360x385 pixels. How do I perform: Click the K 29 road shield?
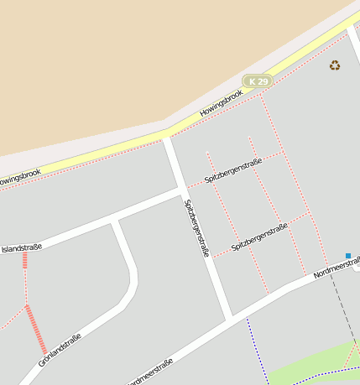click(x=258, y=81)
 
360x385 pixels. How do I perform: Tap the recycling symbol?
click(x=335, y=65)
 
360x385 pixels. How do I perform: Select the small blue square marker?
click(x=348, y=255)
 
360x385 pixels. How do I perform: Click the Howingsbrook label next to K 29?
click(x=222, y=103)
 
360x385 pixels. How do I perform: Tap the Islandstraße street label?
click(x=22, y=248)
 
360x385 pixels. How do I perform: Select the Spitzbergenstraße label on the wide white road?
click(x=196, y=226)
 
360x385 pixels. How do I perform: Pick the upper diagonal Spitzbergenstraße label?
click(x=233, y=170)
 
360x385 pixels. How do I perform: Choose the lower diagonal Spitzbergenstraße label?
click(x=259, y=237)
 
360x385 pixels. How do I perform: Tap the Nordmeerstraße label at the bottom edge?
click(x=151, y=372)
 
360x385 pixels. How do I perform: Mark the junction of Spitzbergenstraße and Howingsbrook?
click(x=167, y=137)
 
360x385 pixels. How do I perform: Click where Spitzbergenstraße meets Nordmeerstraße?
click(x=228, y=318)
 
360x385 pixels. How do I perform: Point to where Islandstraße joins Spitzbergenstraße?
click(x=181, y=192)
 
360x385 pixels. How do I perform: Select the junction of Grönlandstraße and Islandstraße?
click(x=116, y=221)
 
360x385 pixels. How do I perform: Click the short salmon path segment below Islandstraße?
click(x=25, y=260)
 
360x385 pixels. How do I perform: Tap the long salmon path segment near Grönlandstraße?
click(x=36, y=330)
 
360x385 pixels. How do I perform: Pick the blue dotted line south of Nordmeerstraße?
click(x=257, y=348)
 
